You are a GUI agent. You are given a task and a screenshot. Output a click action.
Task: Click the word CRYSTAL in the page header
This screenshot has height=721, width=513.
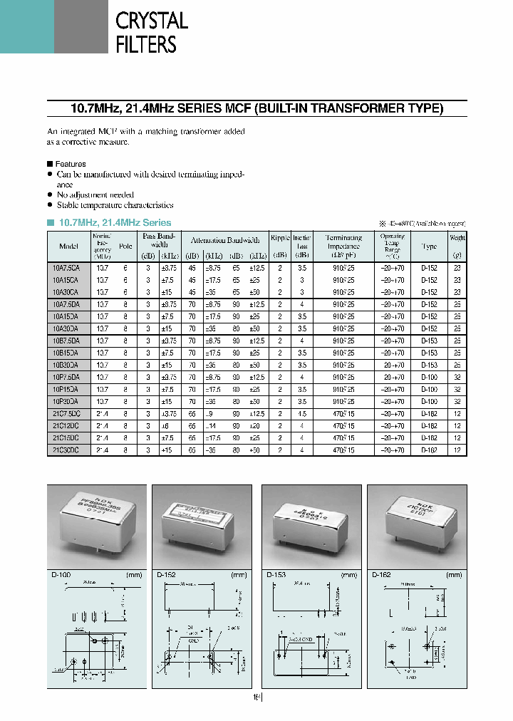(152, 21)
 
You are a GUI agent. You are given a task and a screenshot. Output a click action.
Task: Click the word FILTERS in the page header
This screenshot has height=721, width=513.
(146, 44)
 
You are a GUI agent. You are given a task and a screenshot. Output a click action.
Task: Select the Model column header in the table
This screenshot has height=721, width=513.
(68, 246)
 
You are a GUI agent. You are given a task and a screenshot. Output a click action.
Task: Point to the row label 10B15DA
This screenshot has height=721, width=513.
(66, 353)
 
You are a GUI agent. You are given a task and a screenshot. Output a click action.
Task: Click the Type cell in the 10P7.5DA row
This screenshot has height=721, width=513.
(429, 376)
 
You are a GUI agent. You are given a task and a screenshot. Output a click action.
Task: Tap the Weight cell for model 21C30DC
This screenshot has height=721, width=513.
(457, 450)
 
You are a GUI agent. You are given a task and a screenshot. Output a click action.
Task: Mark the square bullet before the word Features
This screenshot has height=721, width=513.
(50, 165)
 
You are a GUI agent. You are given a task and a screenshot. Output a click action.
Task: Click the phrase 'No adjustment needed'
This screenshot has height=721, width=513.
(95, 194)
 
